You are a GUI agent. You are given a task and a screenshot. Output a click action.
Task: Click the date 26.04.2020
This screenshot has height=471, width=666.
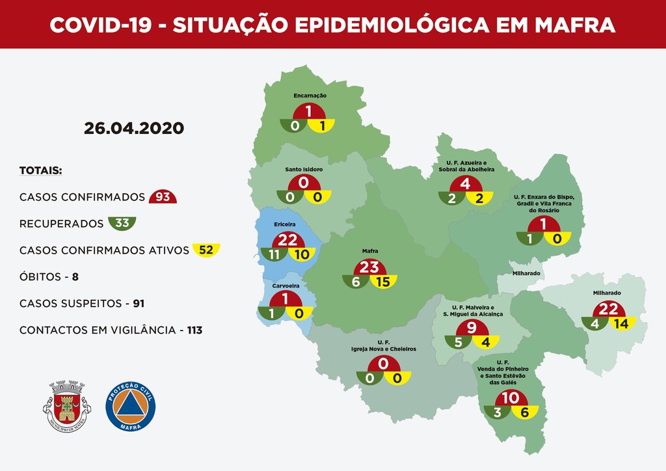click(x=133, y=128)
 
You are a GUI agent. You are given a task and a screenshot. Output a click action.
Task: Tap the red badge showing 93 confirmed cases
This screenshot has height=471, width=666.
click(x=163, y=197)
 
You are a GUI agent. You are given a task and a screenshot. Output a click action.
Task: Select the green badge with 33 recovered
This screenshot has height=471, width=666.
click(x=122, y=224)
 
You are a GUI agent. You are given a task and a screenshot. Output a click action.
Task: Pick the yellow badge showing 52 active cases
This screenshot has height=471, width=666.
click(x=206, y=250)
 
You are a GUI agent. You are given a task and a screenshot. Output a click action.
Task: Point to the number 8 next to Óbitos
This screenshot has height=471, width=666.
click(x=75, y=277)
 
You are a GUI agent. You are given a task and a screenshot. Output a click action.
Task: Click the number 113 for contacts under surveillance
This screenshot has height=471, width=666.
click(x=194, y=330)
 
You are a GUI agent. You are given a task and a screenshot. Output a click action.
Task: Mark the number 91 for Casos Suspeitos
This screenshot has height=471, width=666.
click(x=139, y=304)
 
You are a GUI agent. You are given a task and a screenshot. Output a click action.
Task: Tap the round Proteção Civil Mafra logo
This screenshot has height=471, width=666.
click(x=131, y=405)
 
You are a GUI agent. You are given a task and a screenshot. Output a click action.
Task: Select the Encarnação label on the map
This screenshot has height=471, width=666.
click(x=310, y=96)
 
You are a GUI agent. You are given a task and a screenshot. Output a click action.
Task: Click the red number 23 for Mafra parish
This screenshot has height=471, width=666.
click(x=370, y=267)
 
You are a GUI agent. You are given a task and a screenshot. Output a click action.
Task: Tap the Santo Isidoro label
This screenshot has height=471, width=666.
click(x=304, y=169)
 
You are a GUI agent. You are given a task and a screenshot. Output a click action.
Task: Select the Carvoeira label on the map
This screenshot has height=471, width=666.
click(x=285, y=284)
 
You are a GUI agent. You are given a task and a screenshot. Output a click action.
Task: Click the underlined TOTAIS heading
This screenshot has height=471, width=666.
click(x=40, y=171)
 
